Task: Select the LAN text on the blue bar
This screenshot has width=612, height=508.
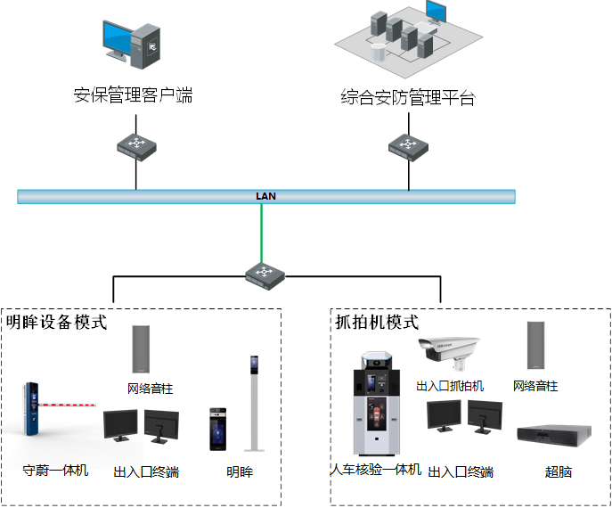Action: click(265, 195)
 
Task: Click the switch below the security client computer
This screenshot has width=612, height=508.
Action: click(136, 144)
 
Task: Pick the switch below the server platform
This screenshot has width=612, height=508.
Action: click(408, 144)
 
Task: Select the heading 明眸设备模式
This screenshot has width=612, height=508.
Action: click(56, 322)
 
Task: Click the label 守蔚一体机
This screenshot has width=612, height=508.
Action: click(55, 470)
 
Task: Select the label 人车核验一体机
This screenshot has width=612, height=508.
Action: click(375, 470)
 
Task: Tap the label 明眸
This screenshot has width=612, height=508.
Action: click(239, 471)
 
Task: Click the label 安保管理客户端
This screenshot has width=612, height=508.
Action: click(133, 95)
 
